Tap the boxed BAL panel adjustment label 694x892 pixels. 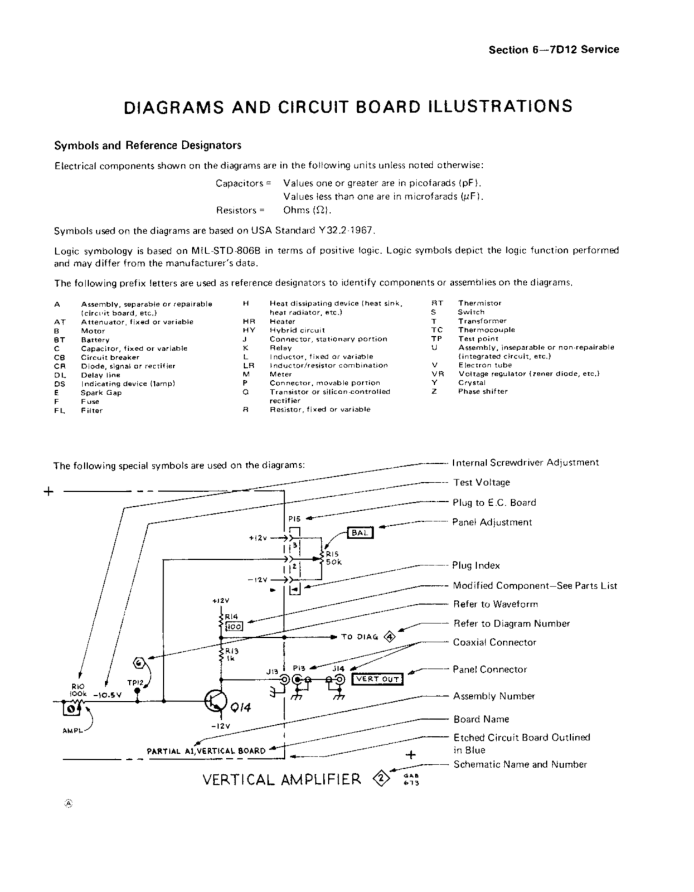[x=360, y=533]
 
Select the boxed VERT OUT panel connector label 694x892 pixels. [x=377, y=679]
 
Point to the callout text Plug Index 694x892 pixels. [x=475, y=565]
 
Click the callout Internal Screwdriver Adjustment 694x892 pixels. [x=525, y=463]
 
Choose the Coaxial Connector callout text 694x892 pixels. [x=494, y=642]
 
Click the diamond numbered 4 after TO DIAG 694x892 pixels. [x=390, y=637]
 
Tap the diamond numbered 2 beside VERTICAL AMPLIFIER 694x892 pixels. [x=381, y=779]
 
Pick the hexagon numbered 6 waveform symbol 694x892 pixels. [x=139, y=663]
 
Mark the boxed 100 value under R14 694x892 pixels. [x=234, y=627]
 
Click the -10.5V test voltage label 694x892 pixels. [x=108, y=695]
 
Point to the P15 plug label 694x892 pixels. [x=294, y=519]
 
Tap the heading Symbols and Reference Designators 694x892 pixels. [x=148, y=146]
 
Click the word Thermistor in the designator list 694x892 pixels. [x=480, y=303]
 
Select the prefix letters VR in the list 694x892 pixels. [x=438, y=374]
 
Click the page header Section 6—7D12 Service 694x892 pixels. [x=554, y=50]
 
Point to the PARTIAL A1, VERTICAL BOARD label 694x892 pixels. [x=206, y=751]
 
